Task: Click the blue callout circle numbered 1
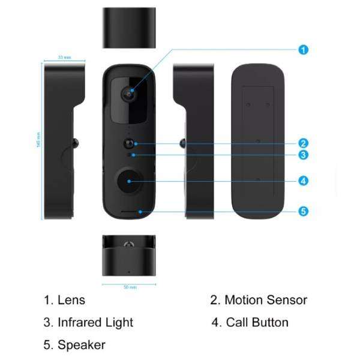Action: pyautogui.click(x=304, y=50)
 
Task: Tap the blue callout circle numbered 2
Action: pyautogui.click(x=304, y=143)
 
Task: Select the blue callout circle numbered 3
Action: pyautogui.click(x=304, y=155)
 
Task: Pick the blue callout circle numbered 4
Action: pyautogui.click(x=304, y=180)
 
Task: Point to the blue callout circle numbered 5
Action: pyautogui.click(x=304, y=211)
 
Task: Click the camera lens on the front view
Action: pyautogui.click(x=129, y=93)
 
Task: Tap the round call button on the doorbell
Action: pyautogui.click(x=129, y=181)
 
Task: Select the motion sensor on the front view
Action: pyautogui.click(x=130, y=144)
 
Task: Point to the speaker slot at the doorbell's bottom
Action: pyautogui.click(x=129, y=211)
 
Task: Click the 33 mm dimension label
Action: pyautogui.click(x=64, y=57)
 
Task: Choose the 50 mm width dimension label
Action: pyautogui.click(x=130, y=287)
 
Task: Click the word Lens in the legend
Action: pyautogui.click(x=71, y=300)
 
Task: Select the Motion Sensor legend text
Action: pyautogui.click(x=266, y=300)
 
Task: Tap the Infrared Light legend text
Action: pyautogui.click(x=95, y=322)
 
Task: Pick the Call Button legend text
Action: pyautogui.click(x=257, y=322)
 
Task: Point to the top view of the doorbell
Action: pyautogui.click(x=129, y=28)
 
